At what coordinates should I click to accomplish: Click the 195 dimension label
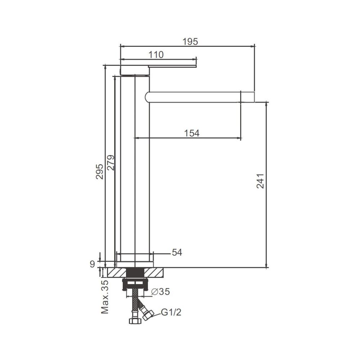190,41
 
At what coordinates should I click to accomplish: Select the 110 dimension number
156,55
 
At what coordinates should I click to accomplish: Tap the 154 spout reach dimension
192,133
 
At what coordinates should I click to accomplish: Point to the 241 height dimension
260,181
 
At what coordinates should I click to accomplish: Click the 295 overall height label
99,171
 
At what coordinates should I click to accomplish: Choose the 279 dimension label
111,163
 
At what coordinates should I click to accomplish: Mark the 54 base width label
177,252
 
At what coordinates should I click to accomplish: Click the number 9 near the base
92,264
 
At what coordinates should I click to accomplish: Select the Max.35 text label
105,297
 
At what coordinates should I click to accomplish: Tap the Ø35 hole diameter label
161,292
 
